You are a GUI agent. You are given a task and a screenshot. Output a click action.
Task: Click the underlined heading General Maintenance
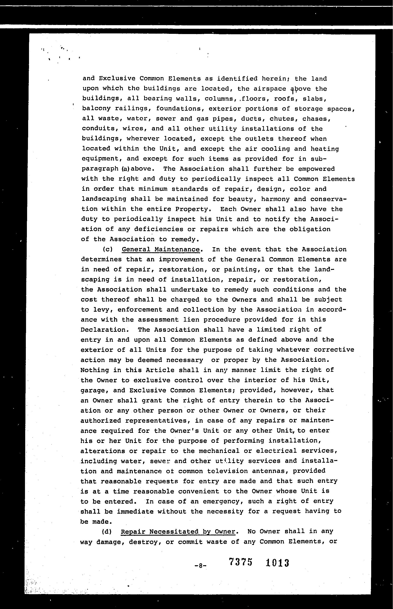[161, 249]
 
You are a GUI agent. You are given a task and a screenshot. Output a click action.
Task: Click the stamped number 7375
[241, 562]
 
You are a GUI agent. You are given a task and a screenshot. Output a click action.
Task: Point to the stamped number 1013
[277, 563]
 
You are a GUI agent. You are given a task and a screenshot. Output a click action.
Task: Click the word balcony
[96, 108]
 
